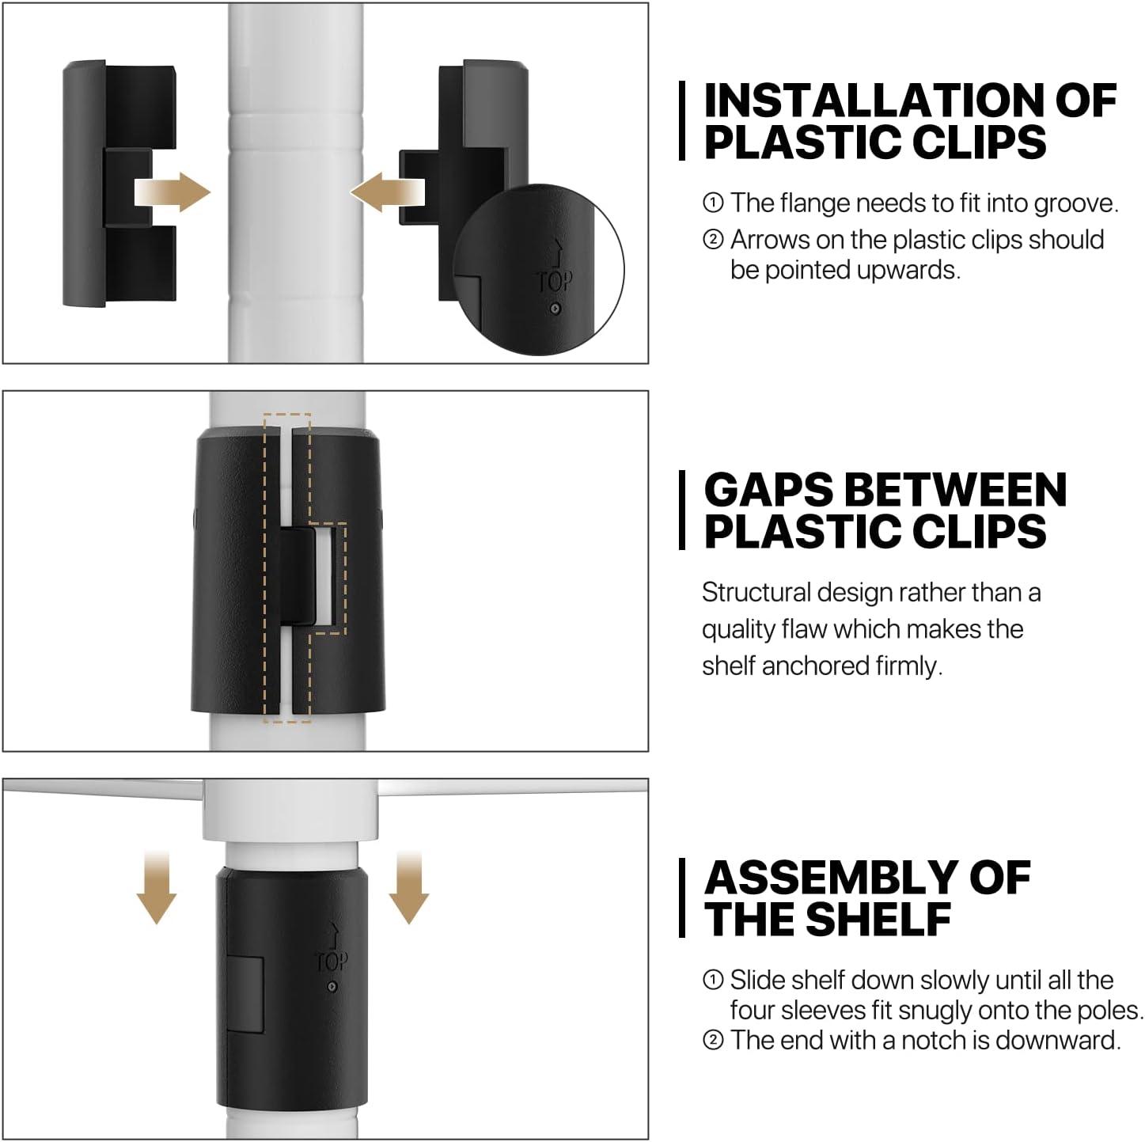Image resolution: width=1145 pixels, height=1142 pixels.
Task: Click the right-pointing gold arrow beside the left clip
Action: pyautogui.click(x=173, y=192)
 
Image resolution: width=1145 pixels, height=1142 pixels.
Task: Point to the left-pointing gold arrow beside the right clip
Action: pyautogui.click(x=388, y=192)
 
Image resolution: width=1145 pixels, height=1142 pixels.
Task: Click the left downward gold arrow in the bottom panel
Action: pyautogui.click(x=156, y=887)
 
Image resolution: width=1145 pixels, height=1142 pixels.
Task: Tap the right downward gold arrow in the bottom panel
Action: pyautogui.click(x=409, y=887)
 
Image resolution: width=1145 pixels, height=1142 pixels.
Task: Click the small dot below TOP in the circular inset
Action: pyautogui.click(x=555, y=309)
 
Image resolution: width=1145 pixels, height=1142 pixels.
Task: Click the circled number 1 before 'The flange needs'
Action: pyautogui.click(x=713, y=203)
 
